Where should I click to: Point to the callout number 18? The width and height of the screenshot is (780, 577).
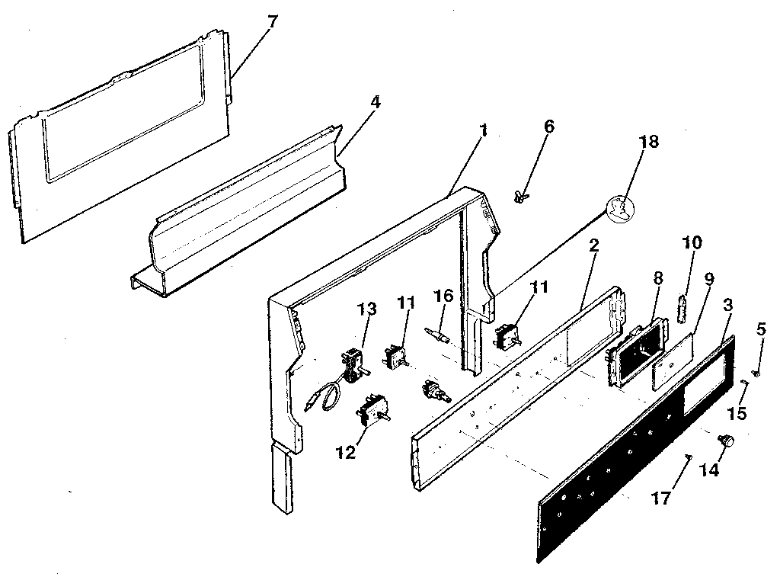coord(649,142)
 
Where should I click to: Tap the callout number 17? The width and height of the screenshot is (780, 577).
coord(661,498)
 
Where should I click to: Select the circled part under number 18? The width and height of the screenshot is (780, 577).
coord(621,209)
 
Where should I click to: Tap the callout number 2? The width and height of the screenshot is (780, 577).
coord(593,246)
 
